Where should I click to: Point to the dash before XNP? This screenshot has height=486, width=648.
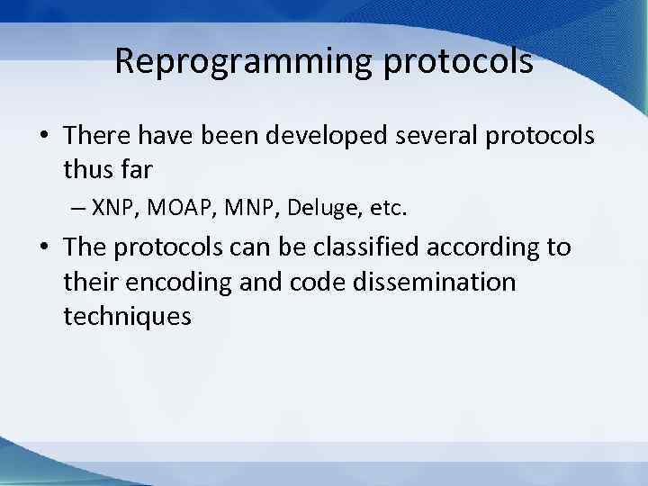click(x=77, y=209)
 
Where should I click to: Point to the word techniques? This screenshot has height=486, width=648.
click(x=127, y=316)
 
